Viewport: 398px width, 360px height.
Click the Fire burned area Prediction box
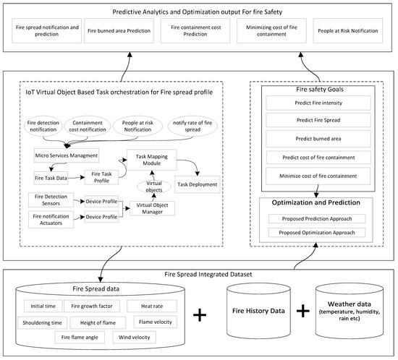(x=122, y=31)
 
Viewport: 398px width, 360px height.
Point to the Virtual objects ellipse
(x=155, y=187)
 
